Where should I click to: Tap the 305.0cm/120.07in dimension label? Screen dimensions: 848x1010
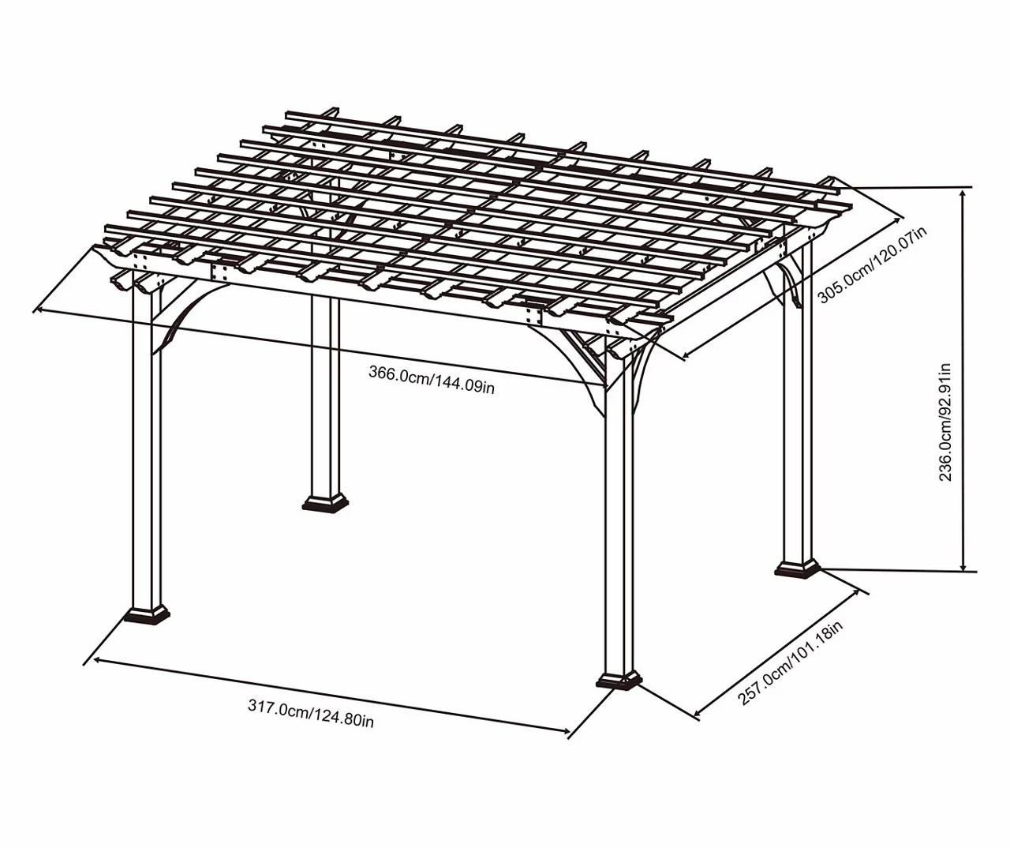873,265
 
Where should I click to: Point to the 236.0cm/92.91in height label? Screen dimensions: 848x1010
945,422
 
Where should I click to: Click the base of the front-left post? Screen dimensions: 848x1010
146,613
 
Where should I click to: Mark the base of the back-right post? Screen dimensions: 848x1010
798,568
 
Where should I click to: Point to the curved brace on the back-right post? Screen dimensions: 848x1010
787,284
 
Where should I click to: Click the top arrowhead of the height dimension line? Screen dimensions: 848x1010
963,192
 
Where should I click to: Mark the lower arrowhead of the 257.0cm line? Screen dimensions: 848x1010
698,715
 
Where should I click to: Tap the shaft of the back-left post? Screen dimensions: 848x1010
324,395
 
